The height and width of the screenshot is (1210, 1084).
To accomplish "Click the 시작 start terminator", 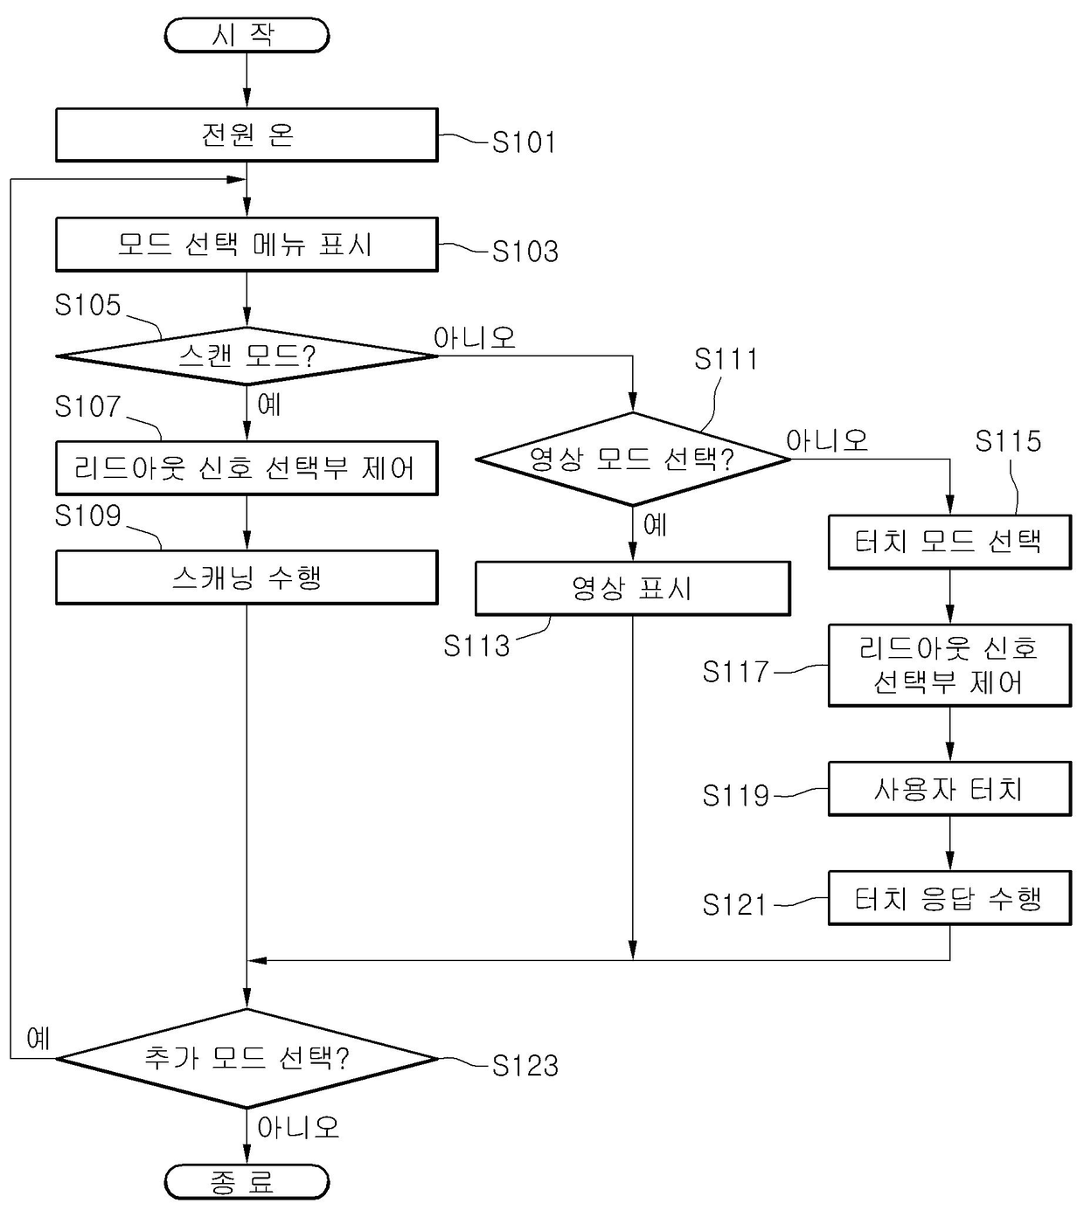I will [247, 36].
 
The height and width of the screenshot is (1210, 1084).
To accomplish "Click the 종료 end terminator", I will [247, 1182].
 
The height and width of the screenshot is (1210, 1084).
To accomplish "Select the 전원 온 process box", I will [247, 135].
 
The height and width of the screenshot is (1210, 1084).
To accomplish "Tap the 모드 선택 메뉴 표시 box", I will [247, 245].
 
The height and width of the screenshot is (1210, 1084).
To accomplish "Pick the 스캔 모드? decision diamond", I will [247, 356].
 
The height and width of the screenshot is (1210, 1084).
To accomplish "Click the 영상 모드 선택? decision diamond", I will [632, 459].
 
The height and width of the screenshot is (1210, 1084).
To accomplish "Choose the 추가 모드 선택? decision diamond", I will [247, 1059].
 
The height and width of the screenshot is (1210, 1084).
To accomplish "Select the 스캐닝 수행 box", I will [247, 577].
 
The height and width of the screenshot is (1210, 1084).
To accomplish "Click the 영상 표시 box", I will [632, 589].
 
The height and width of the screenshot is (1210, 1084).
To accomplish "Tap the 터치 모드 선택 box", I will [949, 542].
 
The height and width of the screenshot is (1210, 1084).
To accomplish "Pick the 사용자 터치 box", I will [949, 790].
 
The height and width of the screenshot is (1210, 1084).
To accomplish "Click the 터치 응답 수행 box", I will [949, 898].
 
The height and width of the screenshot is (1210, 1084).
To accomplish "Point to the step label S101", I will [524, 142].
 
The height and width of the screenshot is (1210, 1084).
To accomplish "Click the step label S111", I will [726, 359].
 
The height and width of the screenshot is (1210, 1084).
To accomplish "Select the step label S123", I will [525, 1066].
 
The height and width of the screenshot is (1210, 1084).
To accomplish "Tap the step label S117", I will [735, 672].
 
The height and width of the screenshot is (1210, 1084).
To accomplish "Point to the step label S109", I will [87, 516].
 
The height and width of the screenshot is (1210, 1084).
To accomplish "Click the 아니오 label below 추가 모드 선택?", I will [298, 1128].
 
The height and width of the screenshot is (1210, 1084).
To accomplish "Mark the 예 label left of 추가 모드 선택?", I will [38, 1039].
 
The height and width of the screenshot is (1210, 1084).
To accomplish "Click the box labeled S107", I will [247, 468].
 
